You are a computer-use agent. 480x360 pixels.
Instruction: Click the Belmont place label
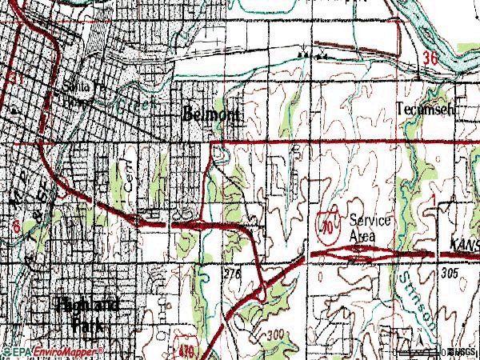pyautogui.click(x=211, y=114)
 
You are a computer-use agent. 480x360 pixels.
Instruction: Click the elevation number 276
pyautogui.click(x=232, y=274)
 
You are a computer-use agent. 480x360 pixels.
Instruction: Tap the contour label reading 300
pyautogui.click(x=277, y=334)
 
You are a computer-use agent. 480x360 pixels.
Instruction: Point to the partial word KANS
pyautogui.click(x=464, y=242)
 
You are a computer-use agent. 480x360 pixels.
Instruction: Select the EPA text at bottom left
pyautogui.click(x=18, y=351)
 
